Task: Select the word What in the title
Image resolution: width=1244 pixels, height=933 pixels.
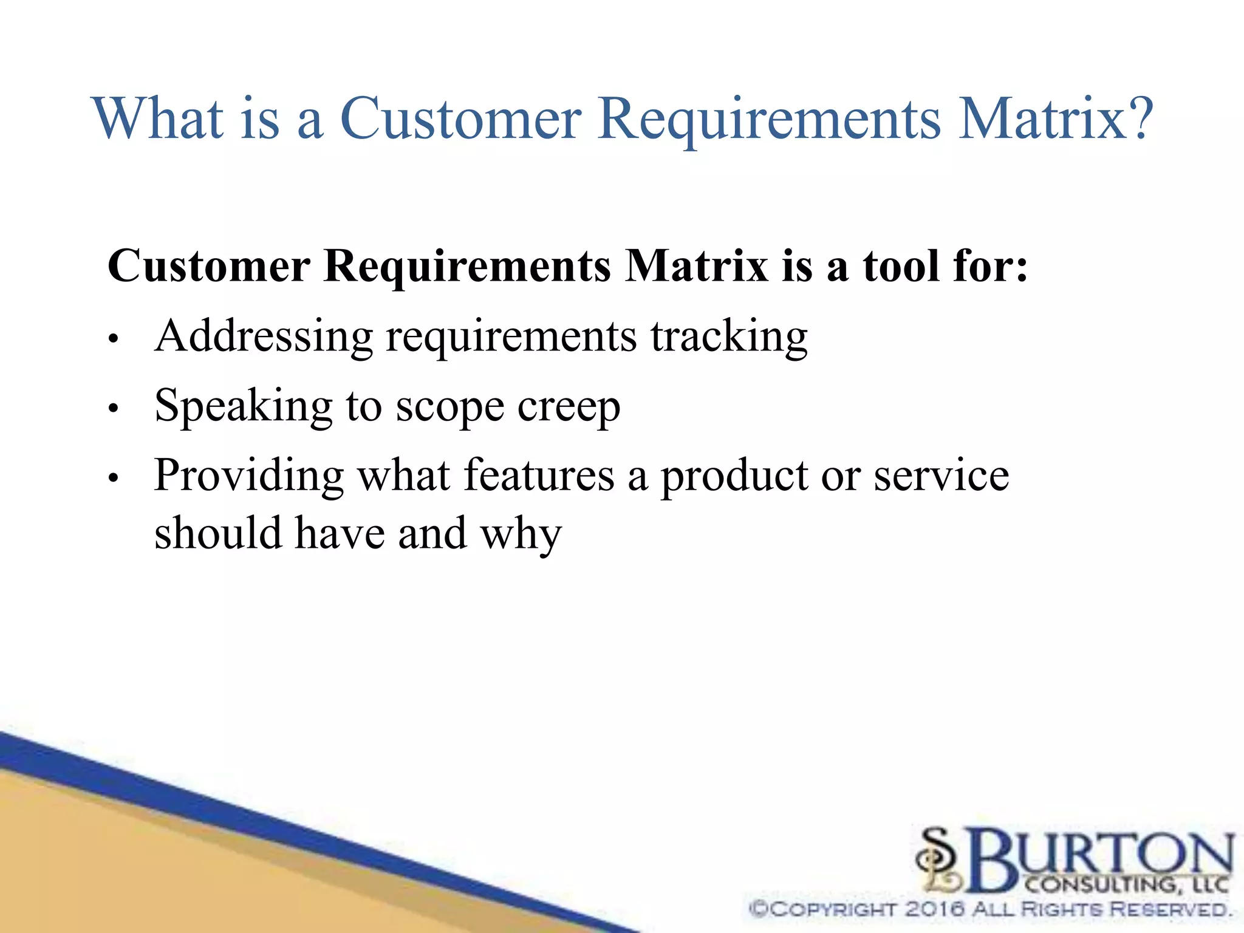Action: (x=159, y=118)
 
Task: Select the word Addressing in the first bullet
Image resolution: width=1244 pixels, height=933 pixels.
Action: (x=264, y=337)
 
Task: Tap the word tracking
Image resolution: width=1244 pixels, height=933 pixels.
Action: (x=729, y=337)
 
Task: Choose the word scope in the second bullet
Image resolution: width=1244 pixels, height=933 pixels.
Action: (x=449, y=408)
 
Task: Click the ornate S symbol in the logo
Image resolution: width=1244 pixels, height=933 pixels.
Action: (x=938, y=860)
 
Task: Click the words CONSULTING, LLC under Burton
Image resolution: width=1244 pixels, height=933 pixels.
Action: (x=1127, y=884)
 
